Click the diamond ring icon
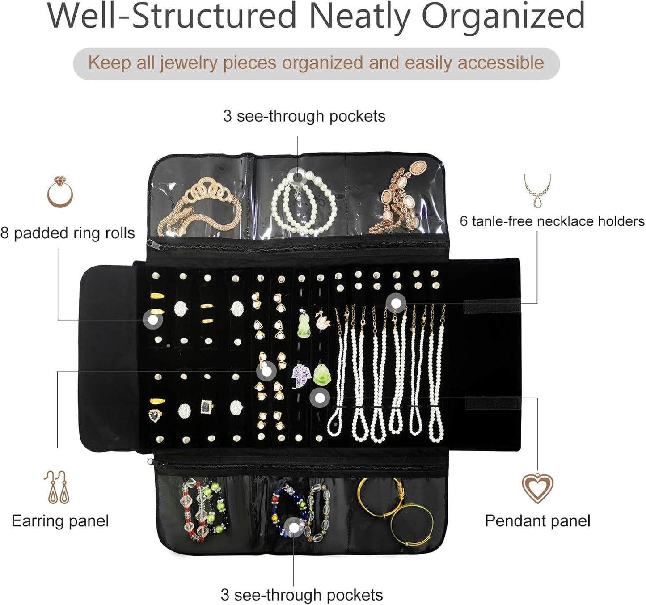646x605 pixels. tap(60, 192)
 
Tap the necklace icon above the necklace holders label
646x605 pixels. tap(537, 191)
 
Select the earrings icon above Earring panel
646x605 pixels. tap(57, 487)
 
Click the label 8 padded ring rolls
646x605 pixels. tap(68, 233)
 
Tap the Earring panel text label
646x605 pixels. tap(60, 521)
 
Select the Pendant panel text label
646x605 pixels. tap(537, 521)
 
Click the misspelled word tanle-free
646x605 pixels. tap(502, 221)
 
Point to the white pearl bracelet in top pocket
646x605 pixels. tap(304, 203)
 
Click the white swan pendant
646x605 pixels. tap(322, 319)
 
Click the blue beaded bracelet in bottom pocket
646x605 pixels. tap(286, 510)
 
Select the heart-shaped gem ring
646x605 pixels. tap(155, 415)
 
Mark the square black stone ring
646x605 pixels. tap(207, 406)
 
